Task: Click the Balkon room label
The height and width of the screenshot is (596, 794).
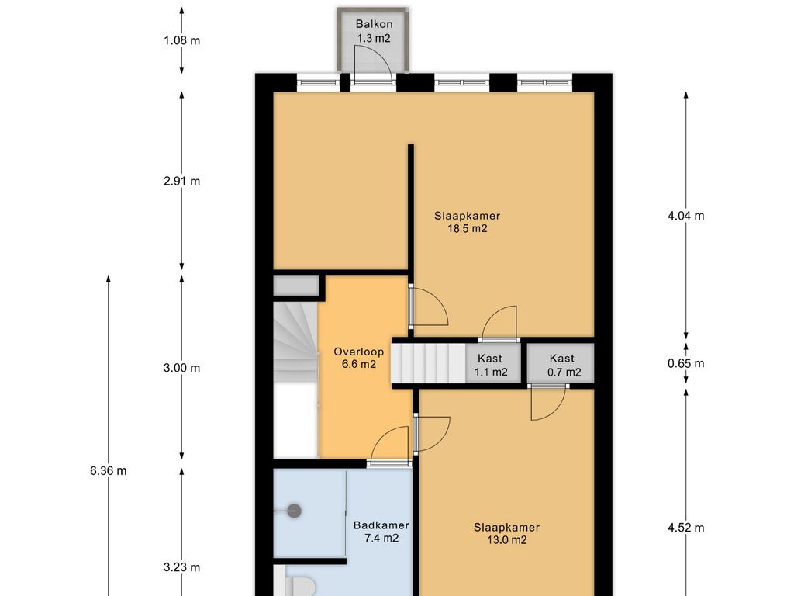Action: click(x=374, y=24)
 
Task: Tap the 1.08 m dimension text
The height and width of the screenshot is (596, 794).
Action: click(x=181, y=40)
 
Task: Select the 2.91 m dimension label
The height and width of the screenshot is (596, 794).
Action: click(x=181, y=181)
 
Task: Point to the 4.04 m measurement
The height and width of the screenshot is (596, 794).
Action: click(x=685, y=216)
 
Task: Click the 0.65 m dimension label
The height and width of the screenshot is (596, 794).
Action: click(x=685, y=363)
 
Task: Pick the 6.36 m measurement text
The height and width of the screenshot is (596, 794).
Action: click(x=109, y=471)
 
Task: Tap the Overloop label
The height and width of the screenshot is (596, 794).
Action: click(x=358, y=352)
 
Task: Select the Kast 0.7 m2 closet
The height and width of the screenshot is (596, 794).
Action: click(x=561, y=363)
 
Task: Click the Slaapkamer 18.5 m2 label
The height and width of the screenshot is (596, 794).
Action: click(x=467, y=222)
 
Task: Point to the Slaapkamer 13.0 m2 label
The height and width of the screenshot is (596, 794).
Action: click(x=506, y=534)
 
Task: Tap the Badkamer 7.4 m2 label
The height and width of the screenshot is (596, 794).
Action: click(x=381, y=532)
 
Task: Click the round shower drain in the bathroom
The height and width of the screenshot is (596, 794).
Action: click(x=294, y=511)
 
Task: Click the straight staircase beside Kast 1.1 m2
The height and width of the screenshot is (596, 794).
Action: click(x=428, y=363)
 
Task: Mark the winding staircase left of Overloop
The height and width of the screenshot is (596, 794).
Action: click(x=295, y=342)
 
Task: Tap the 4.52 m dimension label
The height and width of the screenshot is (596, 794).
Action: click(x=685, y=528)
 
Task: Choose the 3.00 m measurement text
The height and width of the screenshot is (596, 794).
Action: click(x=181, y=369)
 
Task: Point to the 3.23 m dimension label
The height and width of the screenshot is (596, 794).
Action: click(x=181, y=567)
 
